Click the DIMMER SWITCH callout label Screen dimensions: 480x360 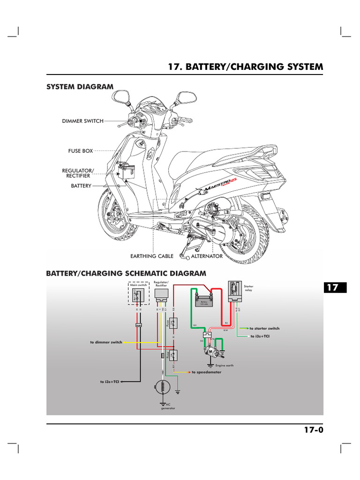point(82,121)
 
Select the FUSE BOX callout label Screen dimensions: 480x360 point(81,151)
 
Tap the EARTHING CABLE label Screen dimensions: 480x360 point(151,256)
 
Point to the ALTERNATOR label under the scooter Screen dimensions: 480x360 point(207,256)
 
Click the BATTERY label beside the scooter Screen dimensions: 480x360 point(80,186)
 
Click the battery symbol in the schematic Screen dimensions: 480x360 point(204,301)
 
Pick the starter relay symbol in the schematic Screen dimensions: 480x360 point(234,292)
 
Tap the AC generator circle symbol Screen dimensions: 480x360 point(161,388)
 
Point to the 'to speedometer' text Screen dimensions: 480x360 point(206,372)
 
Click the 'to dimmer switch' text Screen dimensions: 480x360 point(106,342)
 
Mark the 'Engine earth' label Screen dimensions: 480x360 point(224,365)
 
